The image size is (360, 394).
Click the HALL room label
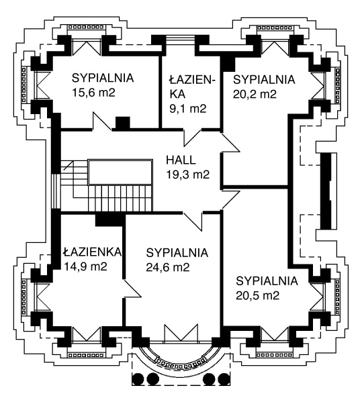pyautogui.click(x=181, y=160)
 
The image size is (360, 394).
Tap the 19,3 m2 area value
pyautogui.click(x=187, y=175)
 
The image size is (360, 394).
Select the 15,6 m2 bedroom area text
pyautogui.click(x=93, y=93)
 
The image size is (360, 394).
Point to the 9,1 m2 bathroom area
pyautogui.click(x=188, y=109)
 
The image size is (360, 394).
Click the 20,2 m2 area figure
pyautogui.click(x=255, y=94)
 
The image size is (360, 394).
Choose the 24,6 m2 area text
pyautogui.click(x=167, y=267)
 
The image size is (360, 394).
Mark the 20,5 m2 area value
pyautogui.click(x=257, y=295)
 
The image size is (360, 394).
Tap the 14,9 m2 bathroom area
pyautogui.click(x=85, y=266)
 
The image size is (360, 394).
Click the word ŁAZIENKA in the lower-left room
pyautogui.click(x=92, y=252)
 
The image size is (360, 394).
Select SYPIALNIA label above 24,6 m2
pyautogui.click(x=177, y=253)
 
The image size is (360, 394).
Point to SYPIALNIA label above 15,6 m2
pyautogui.click(x=103, y=78)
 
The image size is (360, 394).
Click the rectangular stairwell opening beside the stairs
pyautogui.click(x=120, y=173)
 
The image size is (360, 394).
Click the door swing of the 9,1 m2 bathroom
pyautogui.click(x=192, y=138)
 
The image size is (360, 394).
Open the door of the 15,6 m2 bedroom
pyautogui.click(x=102, y=121)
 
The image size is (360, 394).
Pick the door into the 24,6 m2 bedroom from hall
pyautogui.click(x=193, y=221)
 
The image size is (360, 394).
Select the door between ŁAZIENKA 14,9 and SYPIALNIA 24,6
pyautogui.click(x=131, y=289)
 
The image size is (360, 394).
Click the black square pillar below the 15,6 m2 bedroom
pyautogui.click(x=123, y=124)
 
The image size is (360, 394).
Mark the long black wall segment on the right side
pyautogui.click(x=326, y=191)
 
